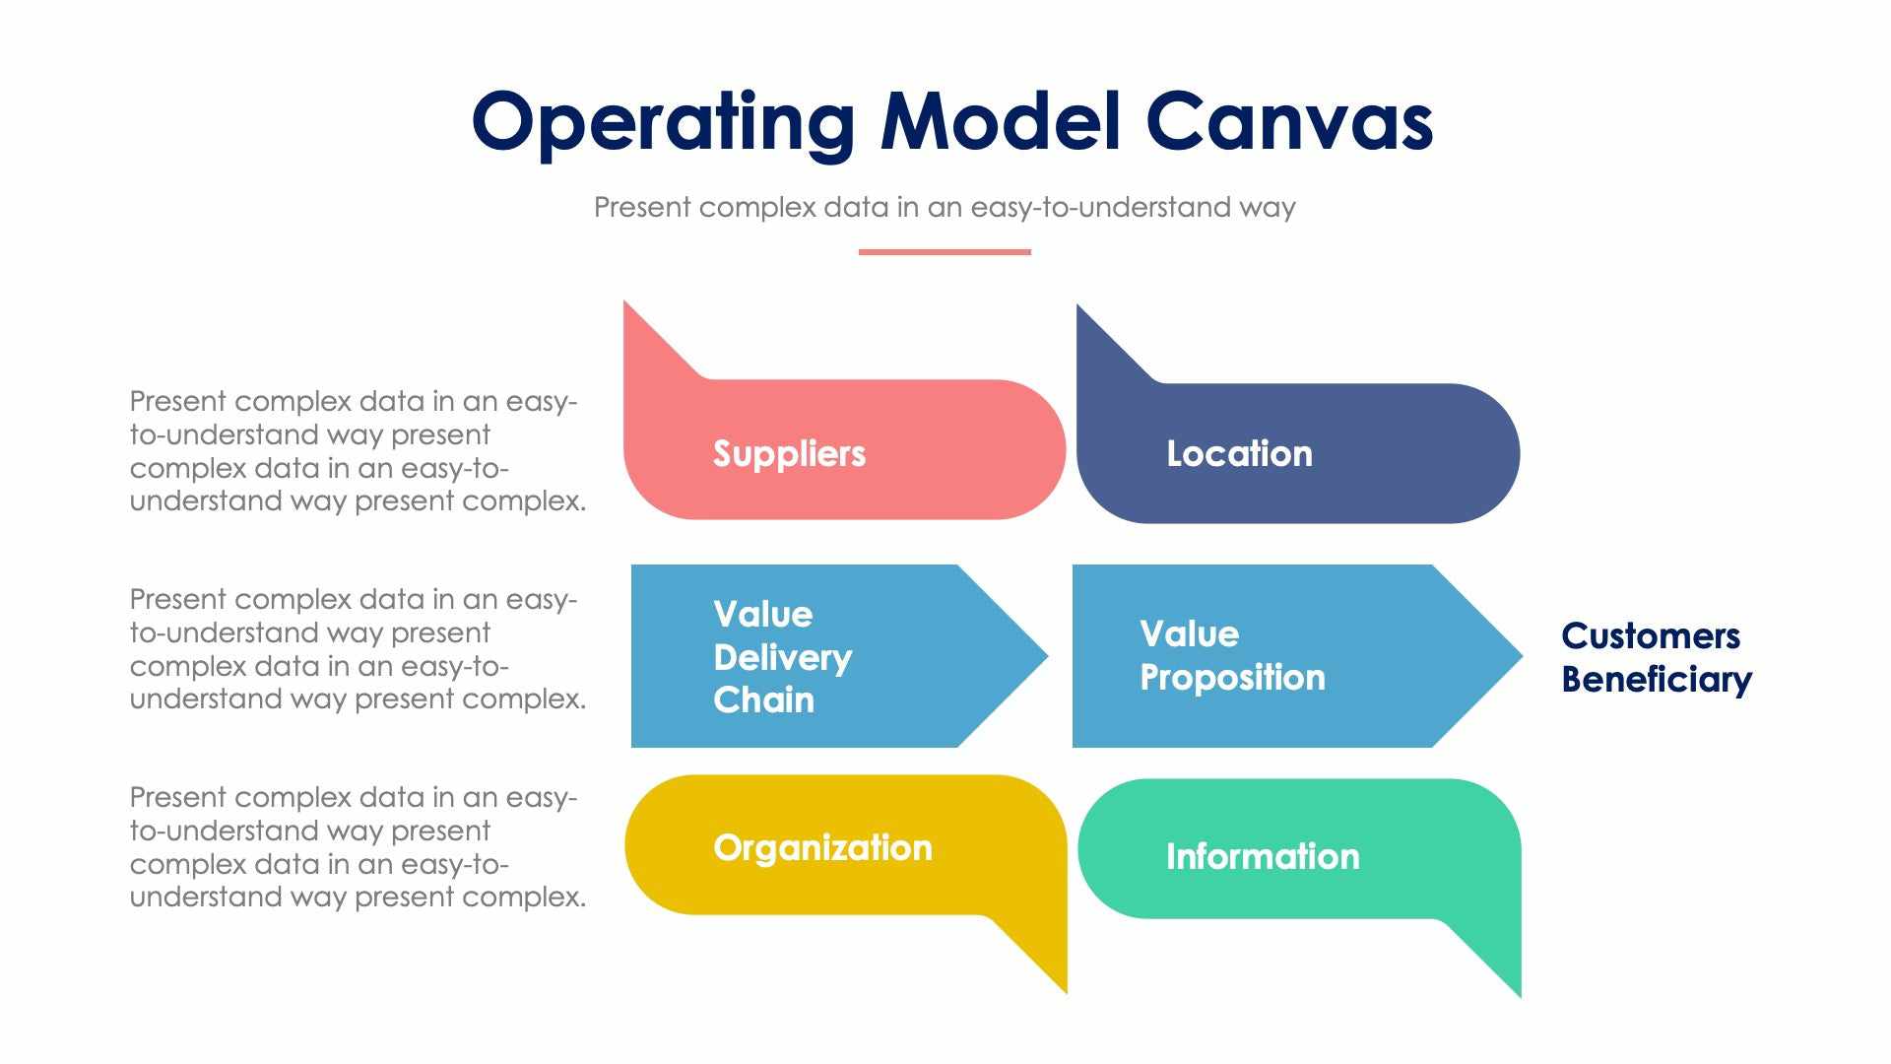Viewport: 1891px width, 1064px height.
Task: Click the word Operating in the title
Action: [662, 122]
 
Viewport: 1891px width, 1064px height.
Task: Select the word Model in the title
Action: [1001, 122]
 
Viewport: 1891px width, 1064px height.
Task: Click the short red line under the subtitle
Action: [945, 252]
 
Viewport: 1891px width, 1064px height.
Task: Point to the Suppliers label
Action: [789, 453]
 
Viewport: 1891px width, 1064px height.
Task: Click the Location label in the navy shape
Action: [1239, 453]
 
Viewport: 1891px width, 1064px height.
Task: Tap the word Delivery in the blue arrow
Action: [782, 657]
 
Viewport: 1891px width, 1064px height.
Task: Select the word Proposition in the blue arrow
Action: [1232, 678]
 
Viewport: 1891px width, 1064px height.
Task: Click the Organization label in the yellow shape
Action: [822, 847]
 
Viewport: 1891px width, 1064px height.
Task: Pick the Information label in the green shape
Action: [1263, 856]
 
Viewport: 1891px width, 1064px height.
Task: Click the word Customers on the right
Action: [1651, 635]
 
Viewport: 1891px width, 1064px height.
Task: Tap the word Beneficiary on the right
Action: [1657, 680]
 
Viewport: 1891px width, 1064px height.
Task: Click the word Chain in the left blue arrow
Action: [763, 699]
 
